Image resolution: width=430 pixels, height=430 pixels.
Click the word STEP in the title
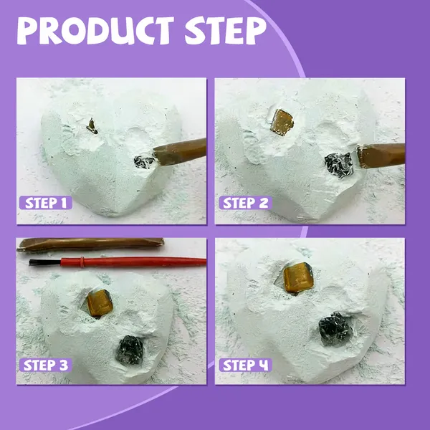pyautogui.click(x=226, y=31)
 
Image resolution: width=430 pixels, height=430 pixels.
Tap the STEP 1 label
pyautogui.click(x=46, y=203)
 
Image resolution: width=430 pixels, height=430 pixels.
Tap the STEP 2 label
pyautogui.click(x=245, y=203)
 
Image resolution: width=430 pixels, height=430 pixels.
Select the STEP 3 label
pyautogui.click(x=46, y=365)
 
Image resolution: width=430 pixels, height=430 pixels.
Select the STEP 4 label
pyautogui.click(x=245, y=365)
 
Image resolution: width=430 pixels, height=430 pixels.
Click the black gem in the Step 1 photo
pyautogui.click(x=144, y=162)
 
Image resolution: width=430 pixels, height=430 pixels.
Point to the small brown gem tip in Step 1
pyautogui.click(x=92, y=126)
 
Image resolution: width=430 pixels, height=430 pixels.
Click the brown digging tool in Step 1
pyautogui.click(x=180, y=151)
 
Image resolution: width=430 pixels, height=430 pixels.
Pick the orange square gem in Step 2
pyautogui.click(x=282, y=123)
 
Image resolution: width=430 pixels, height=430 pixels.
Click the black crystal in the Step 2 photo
pyautogui.click(x=339, y=165)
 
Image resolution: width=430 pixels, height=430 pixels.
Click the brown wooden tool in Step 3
pyautogui.click(x=90, y=244)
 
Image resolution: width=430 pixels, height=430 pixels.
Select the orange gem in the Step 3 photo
pyautogui.click(x=100, y=302)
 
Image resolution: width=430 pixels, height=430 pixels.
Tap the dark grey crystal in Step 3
pyautogui.click(x=130, y=350)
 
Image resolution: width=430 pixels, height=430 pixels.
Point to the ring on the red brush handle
pyautogui.click(x=82, y=262)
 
